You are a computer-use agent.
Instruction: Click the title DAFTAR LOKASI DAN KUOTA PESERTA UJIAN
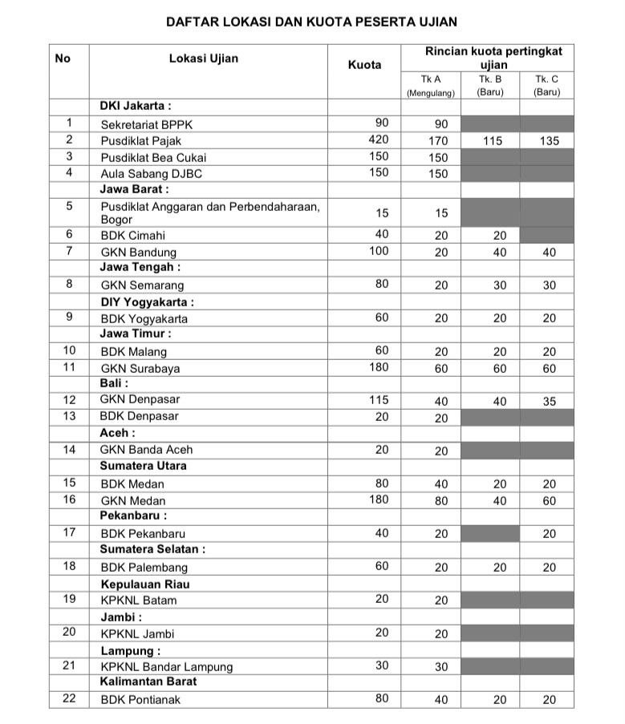pyautogui.click(x=311, y=22)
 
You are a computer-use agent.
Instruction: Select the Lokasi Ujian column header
pyautogui.click(x=203, y=59)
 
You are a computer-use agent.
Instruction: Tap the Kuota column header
pyautogui.click(x=364, y=65)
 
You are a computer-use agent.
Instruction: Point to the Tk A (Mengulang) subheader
pyautogui.click(x=430, y=86)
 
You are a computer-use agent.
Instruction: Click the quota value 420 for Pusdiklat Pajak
pyautogui.click(x=378, y=140)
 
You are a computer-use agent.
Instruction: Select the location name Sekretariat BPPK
pyautogui.click(x=147, y=124)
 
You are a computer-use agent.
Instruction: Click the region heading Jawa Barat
pyautogui.click(x=134, y=190)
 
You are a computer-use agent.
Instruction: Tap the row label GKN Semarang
pyautogui.click(x=142, y=285)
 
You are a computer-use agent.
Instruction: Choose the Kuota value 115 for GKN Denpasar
pyautogui.click(x=378, y=399)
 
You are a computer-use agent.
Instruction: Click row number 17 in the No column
pyautogui.click(x=69, y=532)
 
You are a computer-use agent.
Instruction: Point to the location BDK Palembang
pyautogui.click(x=144, y=567)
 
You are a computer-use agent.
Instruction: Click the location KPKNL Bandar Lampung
pyautogui.click(x=166, y=666)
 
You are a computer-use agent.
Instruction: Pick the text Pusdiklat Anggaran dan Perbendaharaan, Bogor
pyautogui.click(x=209, y=212)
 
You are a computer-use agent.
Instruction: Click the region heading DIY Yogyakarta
pyautogui.click(x=147, y=302)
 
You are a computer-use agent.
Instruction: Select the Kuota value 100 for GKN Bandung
pyautogui.click(x=378, y=252)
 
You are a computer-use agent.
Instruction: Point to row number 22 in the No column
pyautogui.click(x=69, y=698)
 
